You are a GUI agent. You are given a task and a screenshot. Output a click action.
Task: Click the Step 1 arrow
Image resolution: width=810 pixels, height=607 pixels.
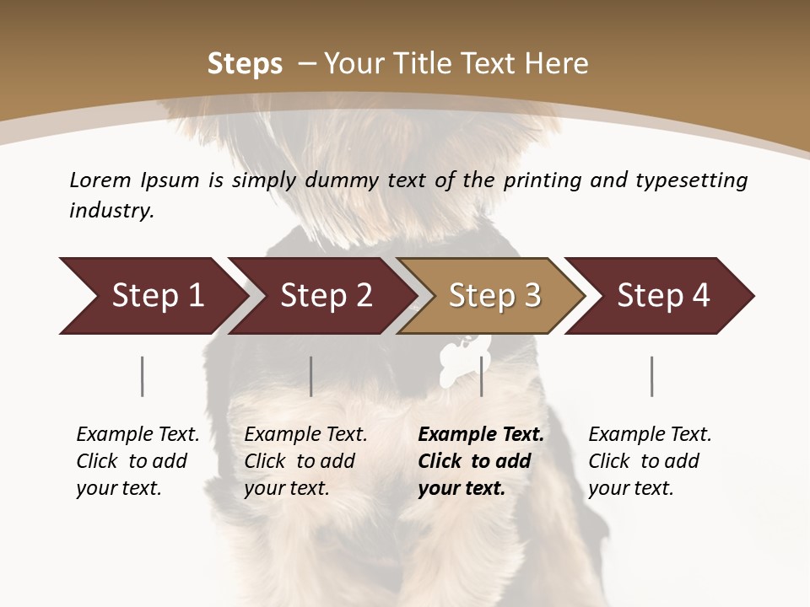click(x=152, y=296)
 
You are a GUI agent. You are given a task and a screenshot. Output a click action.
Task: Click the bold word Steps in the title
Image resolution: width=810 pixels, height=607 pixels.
click(x=245, y=63)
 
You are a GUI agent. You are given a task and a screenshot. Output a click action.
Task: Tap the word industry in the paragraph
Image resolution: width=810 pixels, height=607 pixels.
click(x=111, y=211)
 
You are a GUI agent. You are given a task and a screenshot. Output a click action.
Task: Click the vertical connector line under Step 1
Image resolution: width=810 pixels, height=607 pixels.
click(x=143, y=376)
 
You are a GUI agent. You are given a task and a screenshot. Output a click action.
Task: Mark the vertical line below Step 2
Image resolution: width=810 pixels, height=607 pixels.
click(x=311, y=376)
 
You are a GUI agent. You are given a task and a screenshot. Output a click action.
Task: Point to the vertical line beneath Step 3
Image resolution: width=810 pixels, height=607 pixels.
click(x=482, y=376)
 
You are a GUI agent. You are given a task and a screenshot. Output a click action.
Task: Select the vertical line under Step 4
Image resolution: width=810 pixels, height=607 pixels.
click(x=652, y=376)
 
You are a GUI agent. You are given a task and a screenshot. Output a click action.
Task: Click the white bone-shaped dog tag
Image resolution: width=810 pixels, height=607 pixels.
click(x=456, y=358)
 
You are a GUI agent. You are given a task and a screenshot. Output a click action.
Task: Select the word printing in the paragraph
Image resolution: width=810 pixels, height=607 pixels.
click(x=541, y=180)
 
